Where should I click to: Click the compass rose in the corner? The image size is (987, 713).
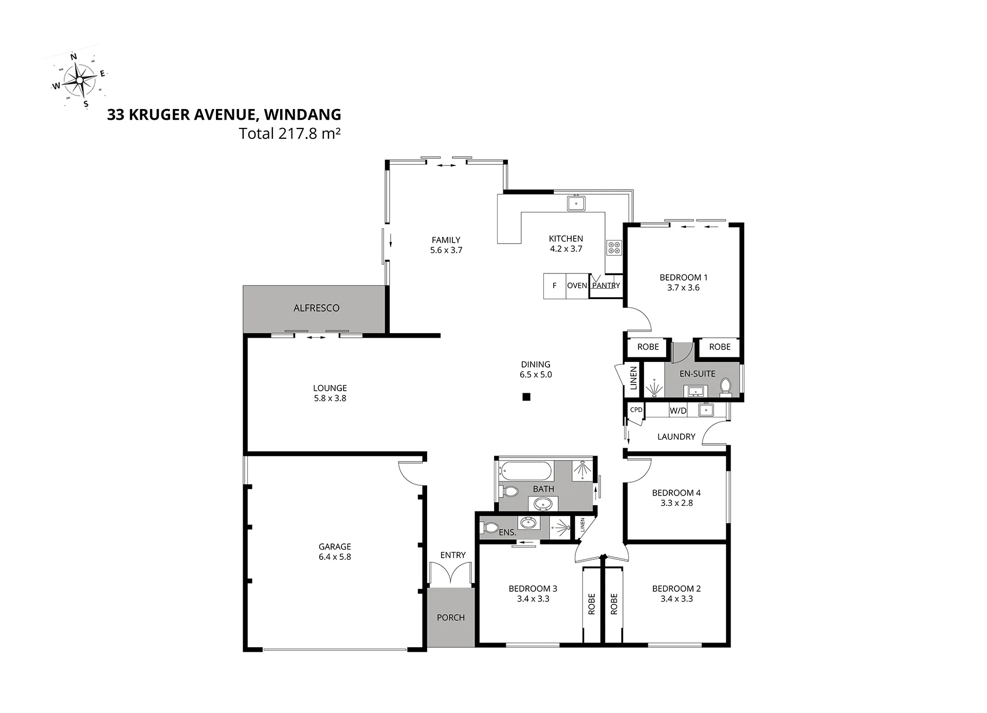coord(80,80)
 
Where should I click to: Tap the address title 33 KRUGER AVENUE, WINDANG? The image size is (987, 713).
coord(224,115)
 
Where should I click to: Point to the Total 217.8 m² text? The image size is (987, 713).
coord(290,134)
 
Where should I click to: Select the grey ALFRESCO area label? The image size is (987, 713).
coord(317,308)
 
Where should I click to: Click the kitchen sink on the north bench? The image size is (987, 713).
coord(577,203)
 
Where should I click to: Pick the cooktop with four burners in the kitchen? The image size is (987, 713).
coord(614,248)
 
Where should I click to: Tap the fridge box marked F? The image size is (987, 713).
coord(555,286)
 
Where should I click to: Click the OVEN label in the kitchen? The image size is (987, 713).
coord(577,286)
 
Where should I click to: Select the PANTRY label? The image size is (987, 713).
coord(606,286)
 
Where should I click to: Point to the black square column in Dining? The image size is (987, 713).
coord(526,397)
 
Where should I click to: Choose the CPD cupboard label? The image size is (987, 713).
coord(636,410)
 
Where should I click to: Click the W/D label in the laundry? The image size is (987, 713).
coord(678,411)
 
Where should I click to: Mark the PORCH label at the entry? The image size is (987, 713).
coord(451,617)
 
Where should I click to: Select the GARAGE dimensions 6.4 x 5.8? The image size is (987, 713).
coord(335,557)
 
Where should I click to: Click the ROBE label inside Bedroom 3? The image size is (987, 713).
coord(592,604)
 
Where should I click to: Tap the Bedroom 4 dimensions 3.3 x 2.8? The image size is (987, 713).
coord(677,503)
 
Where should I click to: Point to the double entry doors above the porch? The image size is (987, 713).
coord(450,574)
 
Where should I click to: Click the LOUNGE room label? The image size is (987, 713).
coord(330,388)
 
